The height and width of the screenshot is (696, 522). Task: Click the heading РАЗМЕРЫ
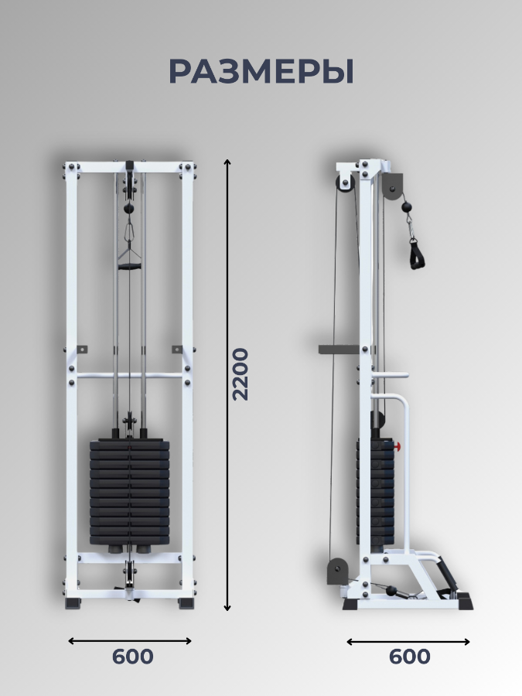pyautogui.click(x=261, y=71)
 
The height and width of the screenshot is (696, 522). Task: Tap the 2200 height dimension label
pyautogui.click(x=241, y=374)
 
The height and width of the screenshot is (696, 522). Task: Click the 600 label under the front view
pyautogui.click(x=132, y=657)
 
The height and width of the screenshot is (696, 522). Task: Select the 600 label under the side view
pyautogui.click(x=409, y=657)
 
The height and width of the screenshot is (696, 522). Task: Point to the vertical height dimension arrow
pyautogui.click(x=227, y=385)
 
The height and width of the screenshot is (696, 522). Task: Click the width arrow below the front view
pyautogui.click(x=130, y=640)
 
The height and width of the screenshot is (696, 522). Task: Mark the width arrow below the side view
pyautogui.click(x=408, y=641)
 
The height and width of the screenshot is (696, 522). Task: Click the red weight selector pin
pyautogui.click(x=397, y=446)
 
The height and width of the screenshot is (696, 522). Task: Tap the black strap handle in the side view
pyautogui.click(x=416, y=254)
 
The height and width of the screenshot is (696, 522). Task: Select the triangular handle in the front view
pyautogui.click(x=128, y=260)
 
